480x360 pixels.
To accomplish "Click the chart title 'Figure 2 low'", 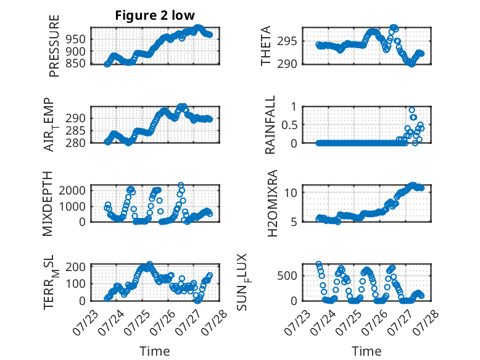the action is click(x=155, y=15).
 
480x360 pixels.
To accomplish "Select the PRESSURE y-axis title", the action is click(x=54, y=46).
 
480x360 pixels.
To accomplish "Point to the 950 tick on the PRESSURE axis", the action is click(x=77, y=40).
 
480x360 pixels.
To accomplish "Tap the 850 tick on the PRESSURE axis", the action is click(x=77, y=64).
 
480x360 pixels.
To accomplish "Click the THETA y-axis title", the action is click(x=266, y=46).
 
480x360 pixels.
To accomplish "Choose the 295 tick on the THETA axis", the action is click(x=287, y=41).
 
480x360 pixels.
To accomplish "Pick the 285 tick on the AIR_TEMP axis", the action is click(x=76, y=131).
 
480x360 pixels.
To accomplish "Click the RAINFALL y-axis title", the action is click(x=270, y=125).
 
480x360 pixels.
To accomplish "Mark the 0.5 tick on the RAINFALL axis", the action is click(x=289, y=125).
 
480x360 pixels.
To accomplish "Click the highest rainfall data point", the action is click(x=412, y=110).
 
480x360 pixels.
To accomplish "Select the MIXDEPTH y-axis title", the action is click(x=48, y=204).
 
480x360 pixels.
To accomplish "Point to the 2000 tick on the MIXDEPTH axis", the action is click(x=72, y=191).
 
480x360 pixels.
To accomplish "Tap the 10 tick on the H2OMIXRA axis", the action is click(x=291, y=193).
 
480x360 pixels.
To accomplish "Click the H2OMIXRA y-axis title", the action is click(x=272, y=203).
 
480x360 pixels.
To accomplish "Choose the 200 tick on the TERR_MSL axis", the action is click(x=76, y=267).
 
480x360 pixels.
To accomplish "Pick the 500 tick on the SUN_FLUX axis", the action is click(x=287, y=276).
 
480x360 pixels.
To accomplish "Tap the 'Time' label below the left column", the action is click(x=155, y=351).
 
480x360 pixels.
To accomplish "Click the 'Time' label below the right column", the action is click(x=366, y=351).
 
